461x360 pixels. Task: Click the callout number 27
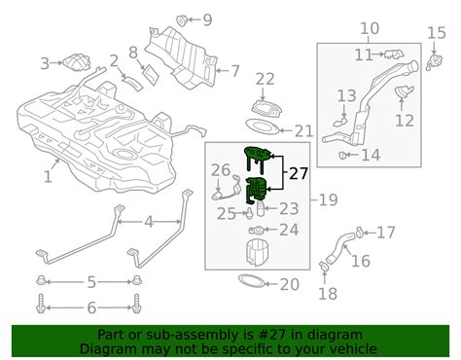(298, 175)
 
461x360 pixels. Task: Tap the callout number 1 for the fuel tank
(48, 176)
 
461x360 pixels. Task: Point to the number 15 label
(437, 34)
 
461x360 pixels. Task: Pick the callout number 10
(370, 29)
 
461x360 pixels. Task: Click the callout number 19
(327, 200)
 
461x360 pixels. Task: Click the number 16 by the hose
(361, 261)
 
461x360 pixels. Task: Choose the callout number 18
(327, 294)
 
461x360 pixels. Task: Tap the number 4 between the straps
(149, 222)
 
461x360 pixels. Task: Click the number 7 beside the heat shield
(233, 70)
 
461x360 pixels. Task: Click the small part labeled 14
(343, 153)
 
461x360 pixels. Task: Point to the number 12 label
(405, 121)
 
